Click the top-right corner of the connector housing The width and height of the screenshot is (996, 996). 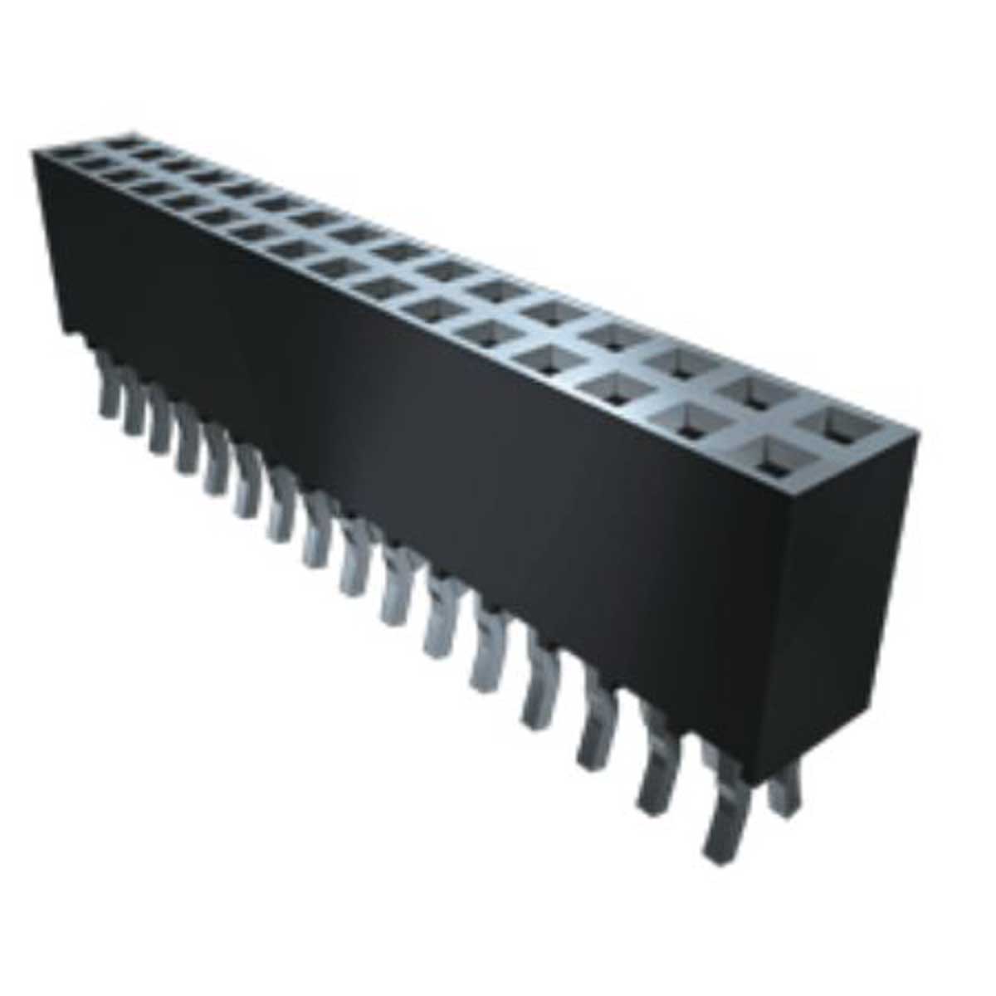click(x=917, y=432)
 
